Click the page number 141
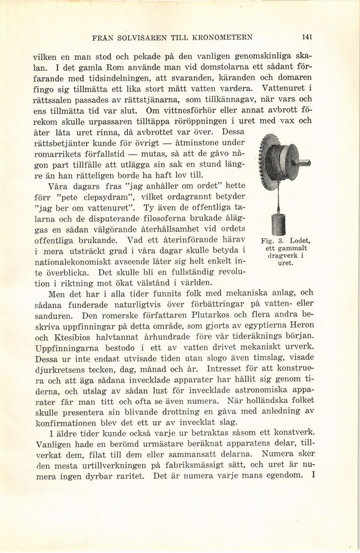click(308, 37)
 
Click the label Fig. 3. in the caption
click(270, 241)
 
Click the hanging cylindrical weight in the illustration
click(279, 223)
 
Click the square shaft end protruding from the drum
click(304, 164)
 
